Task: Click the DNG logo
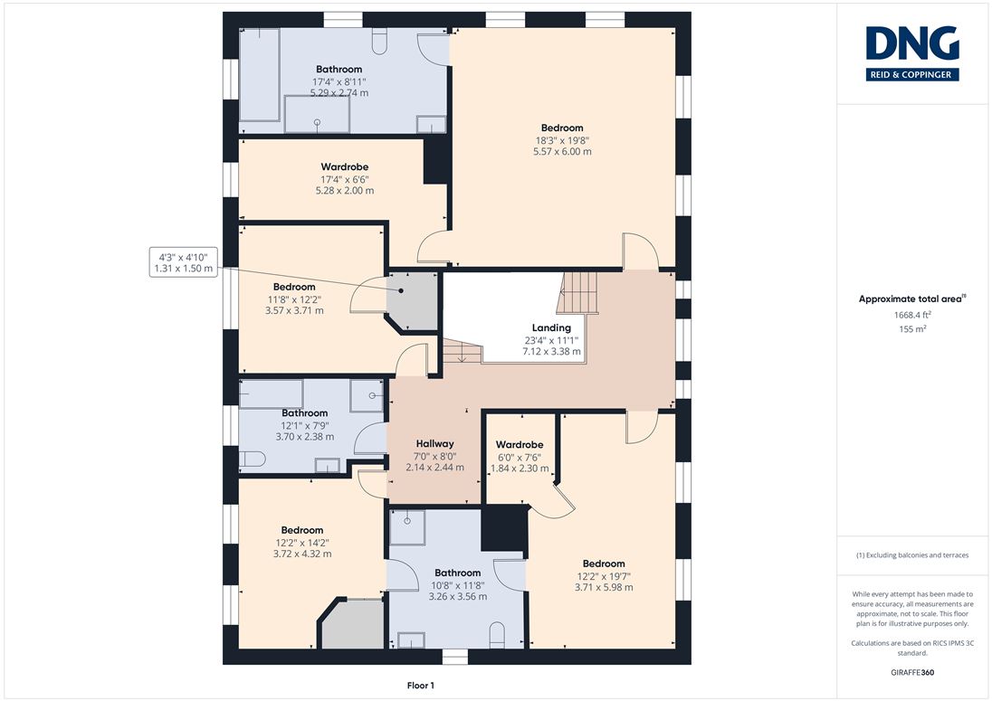point(912,53)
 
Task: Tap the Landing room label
point(551,327)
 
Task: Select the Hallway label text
point(434,444)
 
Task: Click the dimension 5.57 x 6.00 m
point(562,152)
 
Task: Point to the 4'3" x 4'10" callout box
point(184,262)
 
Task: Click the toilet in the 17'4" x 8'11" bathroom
point(379,41)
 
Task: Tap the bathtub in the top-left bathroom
point(260,74)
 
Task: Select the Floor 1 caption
point(421,686)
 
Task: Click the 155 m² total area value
point(912,328)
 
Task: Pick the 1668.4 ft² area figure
point(912,315)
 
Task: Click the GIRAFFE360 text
point(912,673)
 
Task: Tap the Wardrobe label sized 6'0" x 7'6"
point(520,444)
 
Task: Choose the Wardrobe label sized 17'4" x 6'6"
point(344,166)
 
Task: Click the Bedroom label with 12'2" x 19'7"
point(604,564)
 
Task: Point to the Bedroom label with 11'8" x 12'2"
point(294,287)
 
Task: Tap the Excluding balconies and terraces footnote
point(912,555)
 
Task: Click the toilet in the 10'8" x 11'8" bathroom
point(497,635)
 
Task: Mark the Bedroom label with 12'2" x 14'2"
point(301,530)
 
